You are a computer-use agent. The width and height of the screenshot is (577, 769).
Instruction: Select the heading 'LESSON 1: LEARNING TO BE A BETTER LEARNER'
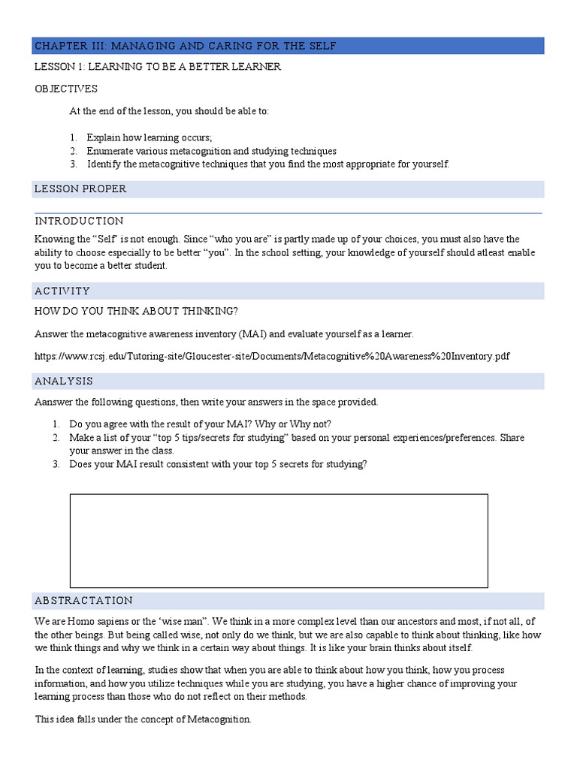pyautogui.click(x=158, y=67)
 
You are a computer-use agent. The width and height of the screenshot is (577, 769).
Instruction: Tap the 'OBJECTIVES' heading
pyautogui.click(x=66, y=89)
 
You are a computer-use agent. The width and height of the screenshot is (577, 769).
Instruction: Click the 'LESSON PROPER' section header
pyautogui.click(x=80, y=189)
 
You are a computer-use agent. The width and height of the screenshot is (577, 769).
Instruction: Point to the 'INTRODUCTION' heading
pyautogui.click(x=79, y=221)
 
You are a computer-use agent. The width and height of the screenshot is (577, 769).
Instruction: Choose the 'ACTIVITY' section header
pyautogui.click(x=62, y=291)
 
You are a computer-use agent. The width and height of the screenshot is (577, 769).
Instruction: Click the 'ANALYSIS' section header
pyautogui.click(x=64, y=381)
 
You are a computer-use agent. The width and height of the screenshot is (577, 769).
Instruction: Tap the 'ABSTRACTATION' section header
pyautogui.click(x=83, y=601)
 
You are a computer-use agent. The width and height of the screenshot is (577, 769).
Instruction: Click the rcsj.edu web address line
pyautogui.click(x=272, y=356)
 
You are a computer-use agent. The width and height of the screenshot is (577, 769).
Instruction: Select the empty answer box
pyautogui.click(x=279, y=540)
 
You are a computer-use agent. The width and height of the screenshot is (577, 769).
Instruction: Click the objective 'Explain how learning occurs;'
pyautogui.click(x=150, y=137)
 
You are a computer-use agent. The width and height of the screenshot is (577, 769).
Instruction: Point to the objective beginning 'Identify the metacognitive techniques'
pyautogui.click(x=267, y=164)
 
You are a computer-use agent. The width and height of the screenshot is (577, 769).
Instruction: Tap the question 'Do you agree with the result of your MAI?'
pyautogui.click(x=200, y=424)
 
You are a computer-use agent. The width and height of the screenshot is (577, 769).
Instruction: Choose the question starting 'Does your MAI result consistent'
pyautogui.click(x=218, y=464)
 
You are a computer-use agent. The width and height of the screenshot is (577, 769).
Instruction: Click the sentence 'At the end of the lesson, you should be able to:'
pyautogui.click(x=169, y=111)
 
